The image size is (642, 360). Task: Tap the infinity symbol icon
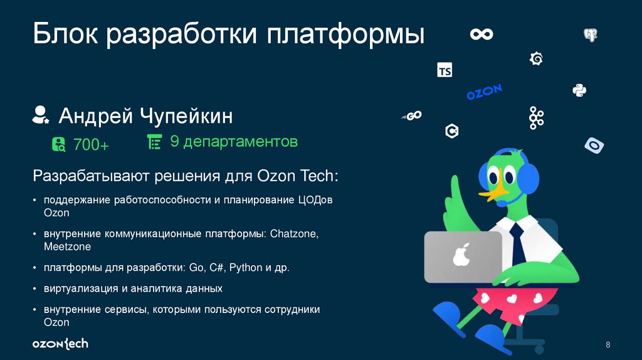pyautogui.click(x=481, y=34)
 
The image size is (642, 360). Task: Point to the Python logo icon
pyautogui.click(x=579, y=90)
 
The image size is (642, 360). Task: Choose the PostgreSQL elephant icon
pyautogui.click(x=590, y=34)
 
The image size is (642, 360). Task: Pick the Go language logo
pyautogui.click(x=411, y=116)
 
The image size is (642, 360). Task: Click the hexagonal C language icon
pyautogui.click(x=451, y=131)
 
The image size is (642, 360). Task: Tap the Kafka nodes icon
pyautogui.click(x=535, y=118)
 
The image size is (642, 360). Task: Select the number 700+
pyautogui.click(x=91, y=145)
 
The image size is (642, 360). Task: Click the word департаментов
pyautogui.click(x=241, y=142)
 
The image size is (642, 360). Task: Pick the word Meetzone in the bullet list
pyautogui.click(x=67, y=246)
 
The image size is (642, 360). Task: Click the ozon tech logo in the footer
pyautogui.click(x=60, y=344)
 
